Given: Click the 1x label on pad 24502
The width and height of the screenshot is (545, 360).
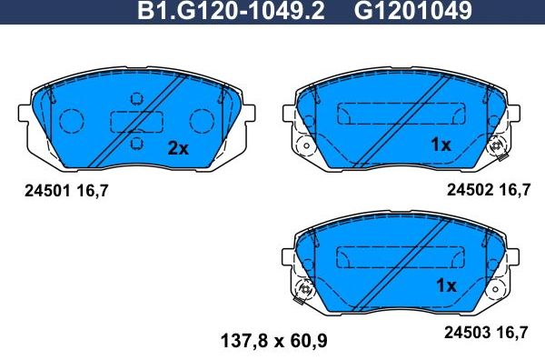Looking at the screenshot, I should click(441, 144).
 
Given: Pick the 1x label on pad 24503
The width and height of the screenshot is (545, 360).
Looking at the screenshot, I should click(445, 285).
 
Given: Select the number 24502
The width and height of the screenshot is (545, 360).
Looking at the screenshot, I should click(469, 191).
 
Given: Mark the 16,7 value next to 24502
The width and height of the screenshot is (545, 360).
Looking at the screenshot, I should click(514, 191).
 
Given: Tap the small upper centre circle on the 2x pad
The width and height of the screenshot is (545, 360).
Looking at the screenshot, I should click(137, 98).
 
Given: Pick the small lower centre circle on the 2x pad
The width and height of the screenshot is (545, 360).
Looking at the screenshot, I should click(137, 144).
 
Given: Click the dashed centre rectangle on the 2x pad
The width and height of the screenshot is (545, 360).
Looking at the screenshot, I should click(136, 121).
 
